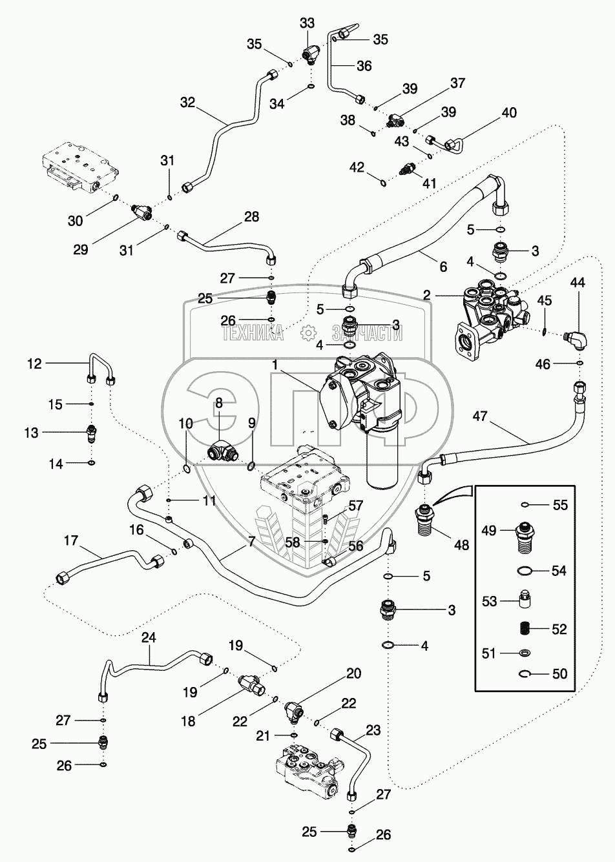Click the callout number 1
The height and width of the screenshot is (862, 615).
pos(275,365)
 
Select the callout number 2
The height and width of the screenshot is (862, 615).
pos(426,296)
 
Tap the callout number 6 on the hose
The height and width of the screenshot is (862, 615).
pos(443,267)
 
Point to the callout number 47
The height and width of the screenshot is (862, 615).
pos(480,416)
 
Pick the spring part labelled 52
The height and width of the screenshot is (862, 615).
pos(524,630)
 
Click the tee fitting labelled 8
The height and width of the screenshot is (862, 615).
pos(222,452)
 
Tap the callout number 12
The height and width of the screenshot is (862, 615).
pos(34,364)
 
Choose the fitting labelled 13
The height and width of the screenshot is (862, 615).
pos(92,433)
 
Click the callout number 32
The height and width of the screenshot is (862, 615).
pos(188,103)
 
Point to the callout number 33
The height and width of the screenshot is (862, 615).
pos(307,23)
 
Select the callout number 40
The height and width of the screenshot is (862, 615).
pos(508,113)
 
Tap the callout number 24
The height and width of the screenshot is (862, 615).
pos(149,638)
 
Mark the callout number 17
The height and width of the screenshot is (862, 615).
pos(71,540)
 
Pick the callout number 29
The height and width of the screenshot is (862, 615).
pos(81,249)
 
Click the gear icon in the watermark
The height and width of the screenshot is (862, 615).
pos(307,333)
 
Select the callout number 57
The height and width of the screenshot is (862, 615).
pos(355,506)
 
